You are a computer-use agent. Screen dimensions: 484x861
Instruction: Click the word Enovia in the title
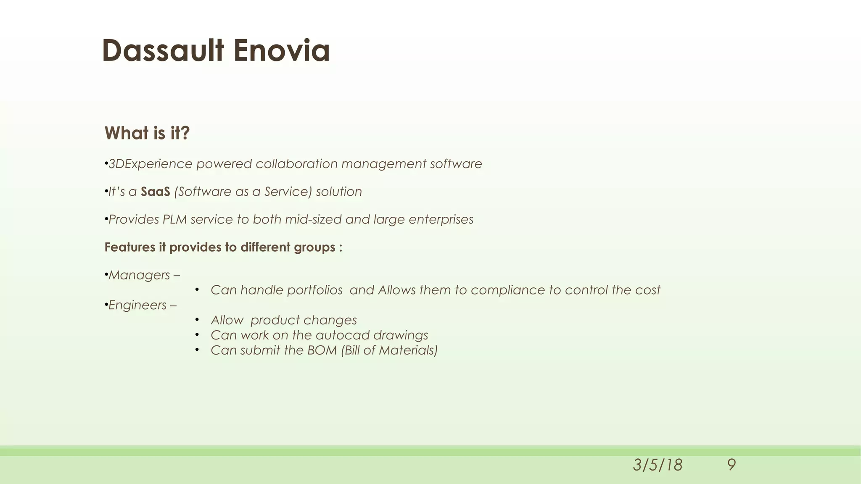point(281,50)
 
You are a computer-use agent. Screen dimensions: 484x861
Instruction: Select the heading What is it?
point(147,133)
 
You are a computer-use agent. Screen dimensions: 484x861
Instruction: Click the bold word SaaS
point(155,192)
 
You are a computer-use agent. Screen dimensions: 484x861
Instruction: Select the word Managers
point(139,275)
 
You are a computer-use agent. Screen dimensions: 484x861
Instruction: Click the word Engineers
point(137,305)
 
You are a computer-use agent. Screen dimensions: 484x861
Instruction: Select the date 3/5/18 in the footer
point(658,465)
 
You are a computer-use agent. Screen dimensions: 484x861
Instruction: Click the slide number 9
point(731,465)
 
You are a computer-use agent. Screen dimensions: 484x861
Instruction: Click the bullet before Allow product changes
point(197,320)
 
